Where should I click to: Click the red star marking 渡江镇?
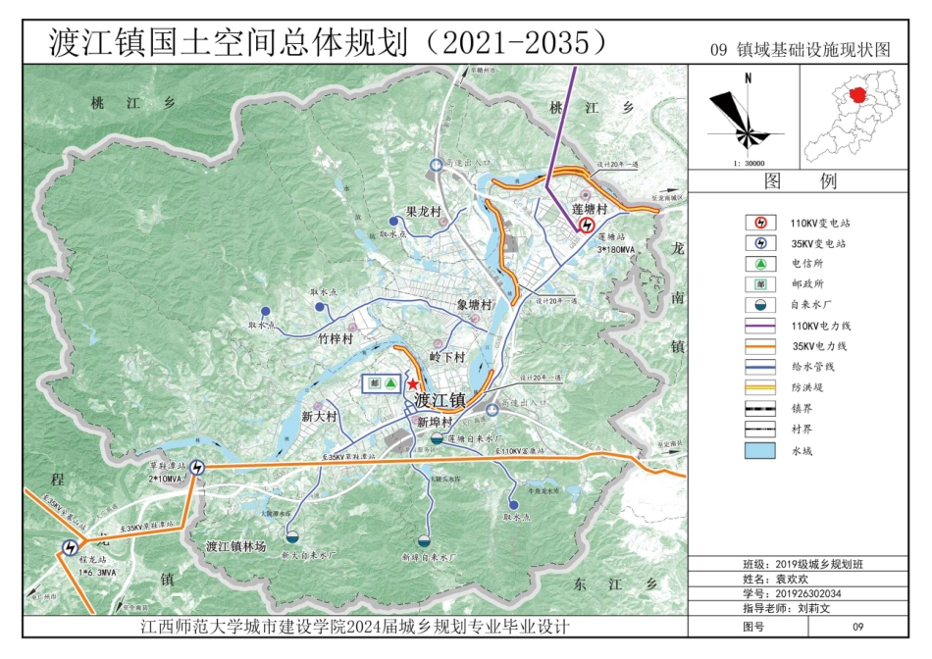pos(413,384)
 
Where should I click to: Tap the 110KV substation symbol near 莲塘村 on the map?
pos(586,225)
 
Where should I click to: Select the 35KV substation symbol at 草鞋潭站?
pos(199,468)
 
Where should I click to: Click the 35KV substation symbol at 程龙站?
pos(70,548)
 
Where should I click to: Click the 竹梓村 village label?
pos(335,338)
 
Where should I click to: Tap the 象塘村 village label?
pos(474,306)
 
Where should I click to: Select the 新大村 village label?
pos(319,417)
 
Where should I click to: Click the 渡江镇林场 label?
pos(235,546)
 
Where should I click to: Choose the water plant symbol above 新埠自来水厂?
pos(424,540)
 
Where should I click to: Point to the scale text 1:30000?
pos(748,164)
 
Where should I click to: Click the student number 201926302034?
pos(808,593)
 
